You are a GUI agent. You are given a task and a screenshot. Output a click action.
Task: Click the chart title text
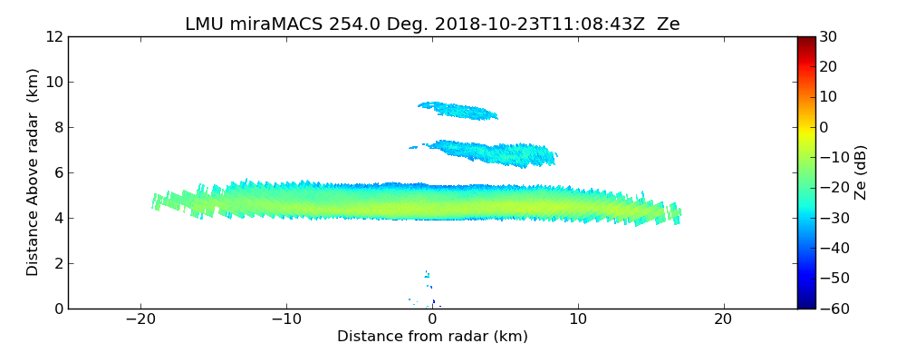coord(432,25)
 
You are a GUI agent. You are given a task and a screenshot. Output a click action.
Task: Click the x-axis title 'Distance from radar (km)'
coord(432,337)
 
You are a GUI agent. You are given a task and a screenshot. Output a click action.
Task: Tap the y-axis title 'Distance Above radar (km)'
coord(34,172)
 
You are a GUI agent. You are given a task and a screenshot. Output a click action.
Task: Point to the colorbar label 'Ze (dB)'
coord(860,172)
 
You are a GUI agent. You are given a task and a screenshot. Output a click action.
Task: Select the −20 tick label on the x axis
coord(140,320)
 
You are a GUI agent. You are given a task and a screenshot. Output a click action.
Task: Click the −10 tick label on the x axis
coord(286,320)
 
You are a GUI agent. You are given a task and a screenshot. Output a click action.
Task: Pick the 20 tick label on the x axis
coord(723,320)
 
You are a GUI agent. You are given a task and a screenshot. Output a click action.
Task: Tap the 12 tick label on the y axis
coord(53,37)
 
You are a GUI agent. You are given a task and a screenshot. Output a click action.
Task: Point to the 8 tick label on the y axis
coord(57,128)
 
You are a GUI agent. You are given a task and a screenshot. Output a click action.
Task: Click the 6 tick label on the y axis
coord(57,173)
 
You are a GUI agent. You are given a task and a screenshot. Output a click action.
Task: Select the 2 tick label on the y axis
coord(57,264)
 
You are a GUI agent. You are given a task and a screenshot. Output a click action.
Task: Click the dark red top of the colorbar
coord(806,41)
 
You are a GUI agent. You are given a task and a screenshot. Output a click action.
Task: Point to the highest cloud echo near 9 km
coord(459,111)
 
